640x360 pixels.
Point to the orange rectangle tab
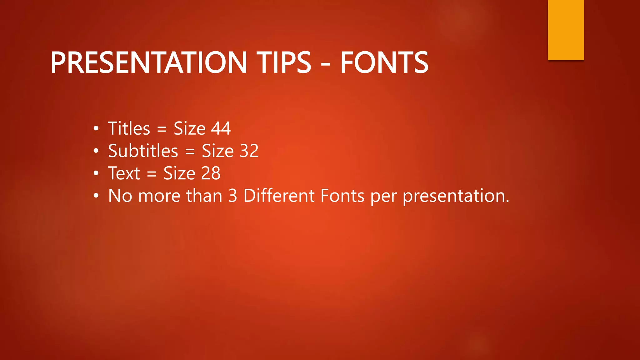(566, 30)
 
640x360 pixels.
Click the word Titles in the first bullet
(129, 128)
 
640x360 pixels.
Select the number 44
(221, 128)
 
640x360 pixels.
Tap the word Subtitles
(143, 151)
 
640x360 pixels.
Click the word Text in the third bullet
(124, 173)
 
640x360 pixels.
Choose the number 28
(211, 173)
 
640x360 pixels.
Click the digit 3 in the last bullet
(232, 196)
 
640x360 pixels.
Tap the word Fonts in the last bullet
(342, 196)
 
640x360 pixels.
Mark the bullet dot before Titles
(96, 129)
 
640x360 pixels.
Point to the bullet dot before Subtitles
(96, 151)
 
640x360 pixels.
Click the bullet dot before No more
(96, 196)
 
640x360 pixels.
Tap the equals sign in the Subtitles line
(190, 152)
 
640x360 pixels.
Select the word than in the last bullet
(204, 196)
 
